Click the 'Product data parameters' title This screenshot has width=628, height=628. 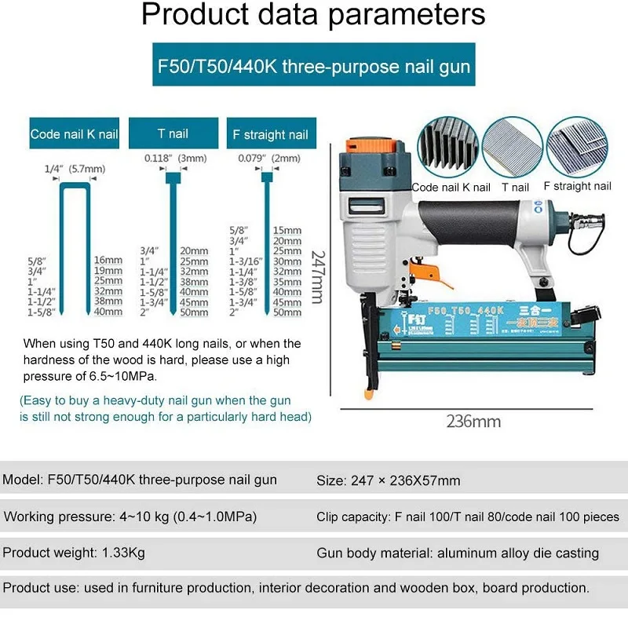(x=314, y=16)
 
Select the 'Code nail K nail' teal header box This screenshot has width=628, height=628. (x=74, y=133)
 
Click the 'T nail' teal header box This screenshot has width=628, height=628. (x=173, y=133)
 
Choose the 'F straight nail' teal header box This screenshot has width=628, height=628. (x=271, y=134)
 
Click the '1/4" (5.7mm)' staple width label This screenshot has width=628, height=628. (x=75, y=168)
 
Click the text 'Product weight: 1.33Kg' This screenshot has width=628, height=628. (x=75, y=553)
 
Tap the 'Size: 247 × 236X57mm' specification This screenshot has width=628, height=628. (x=388, y=480)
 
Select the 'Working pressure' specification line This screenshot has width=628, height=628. (x=130, y=517)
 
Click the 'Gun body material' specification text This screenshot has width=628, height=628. (x=458, y=553)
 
